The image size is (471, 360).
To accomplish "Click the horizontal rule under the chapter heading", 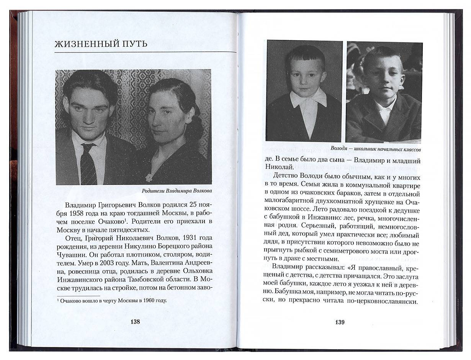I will click(145, 52).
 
